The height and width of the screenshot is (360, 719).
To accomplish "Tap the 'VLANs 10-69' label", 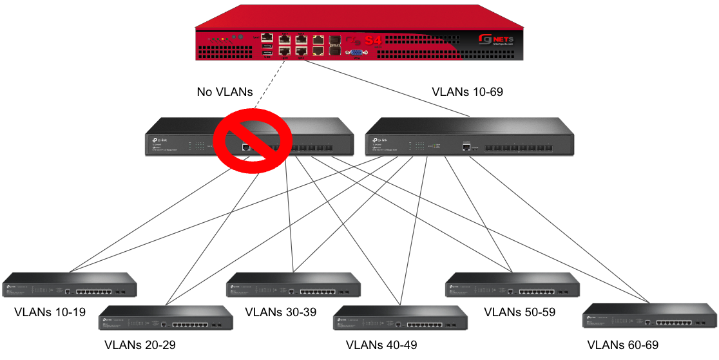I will click(x=467, y=92).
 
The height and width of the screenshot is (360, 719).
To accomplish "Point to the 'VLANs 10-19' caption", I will click(x=50, y=313).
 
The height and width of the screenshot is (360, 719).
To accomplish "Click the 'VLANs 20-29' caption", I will click(x=140, y=345).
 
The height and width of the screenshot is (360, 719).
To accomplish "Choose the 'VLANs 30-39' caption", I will click(x=281, y=313).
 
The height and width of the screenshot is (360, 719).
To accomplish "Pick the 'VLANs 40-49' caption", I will click(x=381, y=345).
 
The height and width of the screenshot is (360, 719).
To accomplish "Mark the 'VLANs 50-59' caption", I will click(x=519, y=313).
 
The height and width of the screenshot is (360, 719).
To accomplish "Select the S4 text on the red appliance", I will click(x=373, y=40).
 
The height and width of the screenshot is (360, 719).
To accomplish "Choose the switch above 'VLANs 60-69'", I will click(x=649, y=316).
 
